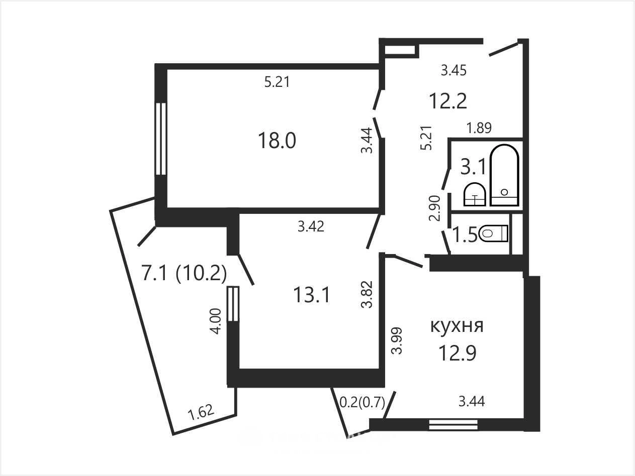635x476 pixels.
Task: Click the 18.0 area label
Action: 277,141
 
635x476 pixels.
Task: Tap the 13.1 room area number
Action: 311,295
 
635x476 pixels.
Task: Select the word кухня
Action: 457,326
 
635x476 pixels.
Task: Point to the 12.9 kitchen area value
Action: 457,352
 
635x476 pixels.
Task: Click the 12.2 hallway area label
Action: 448,101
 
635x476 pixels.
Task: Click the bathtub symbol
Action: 504,175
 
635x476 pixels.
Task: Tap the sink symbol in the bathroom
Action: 475,194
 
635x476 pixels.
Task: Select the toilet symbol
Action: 494,233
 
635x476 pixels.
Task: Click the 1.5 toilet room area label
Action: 465,234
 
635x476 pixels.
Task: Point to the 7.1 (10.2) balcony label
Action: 184,273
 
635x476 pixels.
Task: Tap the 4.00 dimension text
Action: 216,321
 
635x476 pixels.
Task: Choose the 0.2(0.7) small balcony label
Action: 362,402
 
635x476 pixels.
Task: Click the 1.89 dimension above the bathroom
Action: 479,128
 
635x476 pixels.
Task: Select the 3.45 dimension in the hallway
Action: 453,70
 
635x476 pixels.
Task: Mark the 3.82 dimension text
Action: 367,294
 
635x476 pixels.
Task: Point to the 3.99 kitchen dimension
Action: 396,340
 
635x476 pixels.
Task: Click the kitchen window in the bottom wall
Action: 453,425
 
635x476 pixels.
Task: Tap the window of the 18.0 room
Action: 160,139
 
